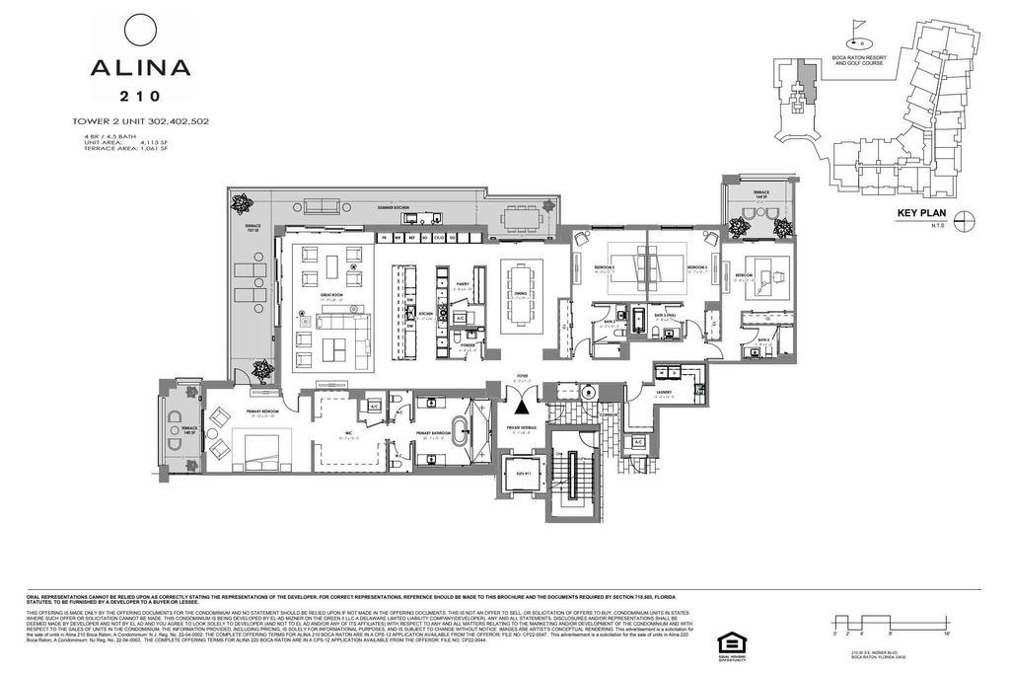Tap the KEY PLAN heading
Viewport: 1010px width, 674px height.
tap(920, 213)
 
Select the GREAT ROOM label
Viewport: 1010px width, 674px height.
tap(329, 293)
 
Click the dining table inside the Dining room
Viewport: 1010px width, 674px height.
tap(521, 292)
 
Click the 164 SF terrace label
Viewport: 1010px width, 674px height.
tap(760, 194)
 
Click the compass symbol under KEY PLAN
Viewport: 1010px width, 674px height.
tap(966, 220)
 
